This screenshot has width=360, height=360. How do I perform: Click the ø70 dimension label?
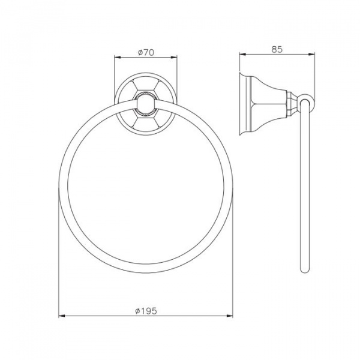pos(146,53)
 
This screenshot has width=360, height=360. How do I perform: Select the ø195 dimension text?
pos(146,311)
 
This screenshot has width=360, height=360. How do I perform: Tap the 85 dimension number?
pos(277,49)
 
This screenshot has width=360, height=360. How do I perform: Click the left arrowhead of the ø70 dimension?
pos(118,58)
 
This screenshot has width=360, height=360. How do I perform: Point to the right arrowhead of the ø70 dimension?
pos(174,58)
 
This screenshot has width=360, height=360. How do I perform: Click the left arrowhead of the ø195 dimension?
pos(62,316)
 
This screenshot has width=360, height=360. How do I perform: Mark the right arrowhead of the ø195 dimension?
pos(230,316)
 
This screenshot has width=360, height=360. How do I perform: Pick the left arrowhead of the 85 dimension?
pos(242,54)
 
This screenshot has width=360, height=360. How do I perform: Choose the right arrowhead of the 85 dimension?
pos(311,54)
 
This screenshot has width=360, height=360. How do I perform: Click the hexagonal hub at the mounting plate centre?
pos(146,104)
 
